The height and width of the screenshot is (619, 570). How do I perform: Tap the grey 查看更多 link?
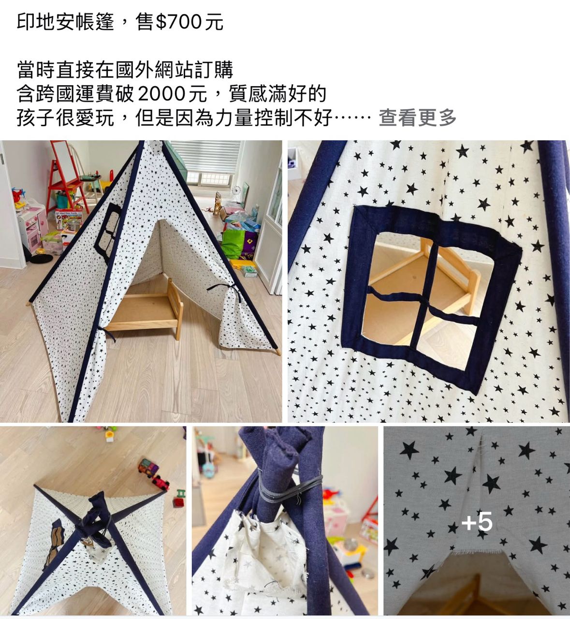[417, 118]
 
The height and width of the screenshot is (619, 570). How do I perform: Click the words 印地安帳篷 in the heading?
[65, 23]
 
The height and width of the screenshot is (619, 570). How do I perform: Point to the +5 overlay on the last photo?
[477, 522]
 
